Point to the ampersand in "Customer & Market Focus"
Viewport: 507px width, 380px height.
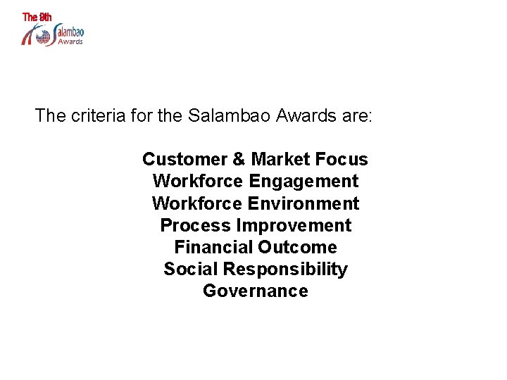click(238, 159)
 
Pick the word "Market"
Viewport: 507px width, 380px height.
click(280, 159)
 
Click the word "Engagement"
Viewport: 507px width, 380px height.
click(303, 182)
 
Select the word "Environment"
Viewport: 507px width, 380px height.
click(303, 203)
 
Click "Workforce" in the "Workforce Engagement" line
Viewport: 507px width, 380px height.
click(198, 182)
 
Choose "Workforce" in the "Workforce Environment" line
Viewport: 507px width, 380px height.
click(198, 203)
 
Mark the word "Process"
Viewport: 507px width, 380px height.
click(195, 225)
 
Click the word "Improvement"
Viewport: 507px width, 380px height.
click(294, 225)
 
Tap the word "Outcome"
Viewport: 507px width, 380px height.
click(297, 247)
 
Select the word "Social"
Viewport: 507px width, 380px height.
click(190, 269)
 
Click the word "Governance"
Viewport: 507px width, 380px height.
click(255, 291)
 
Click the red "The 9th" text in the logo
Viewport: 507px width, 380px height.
click(37, 17)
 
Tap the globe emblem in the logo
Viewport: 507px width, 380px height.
click(44, 35)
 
